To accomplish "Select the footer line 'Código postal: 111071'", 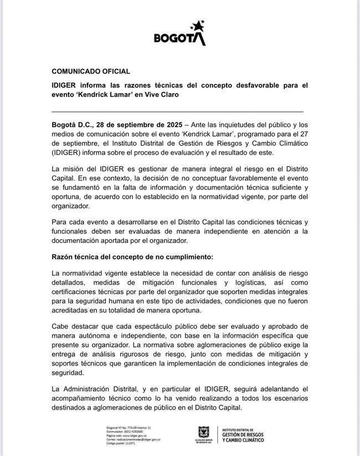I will [x=122, y=443].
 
